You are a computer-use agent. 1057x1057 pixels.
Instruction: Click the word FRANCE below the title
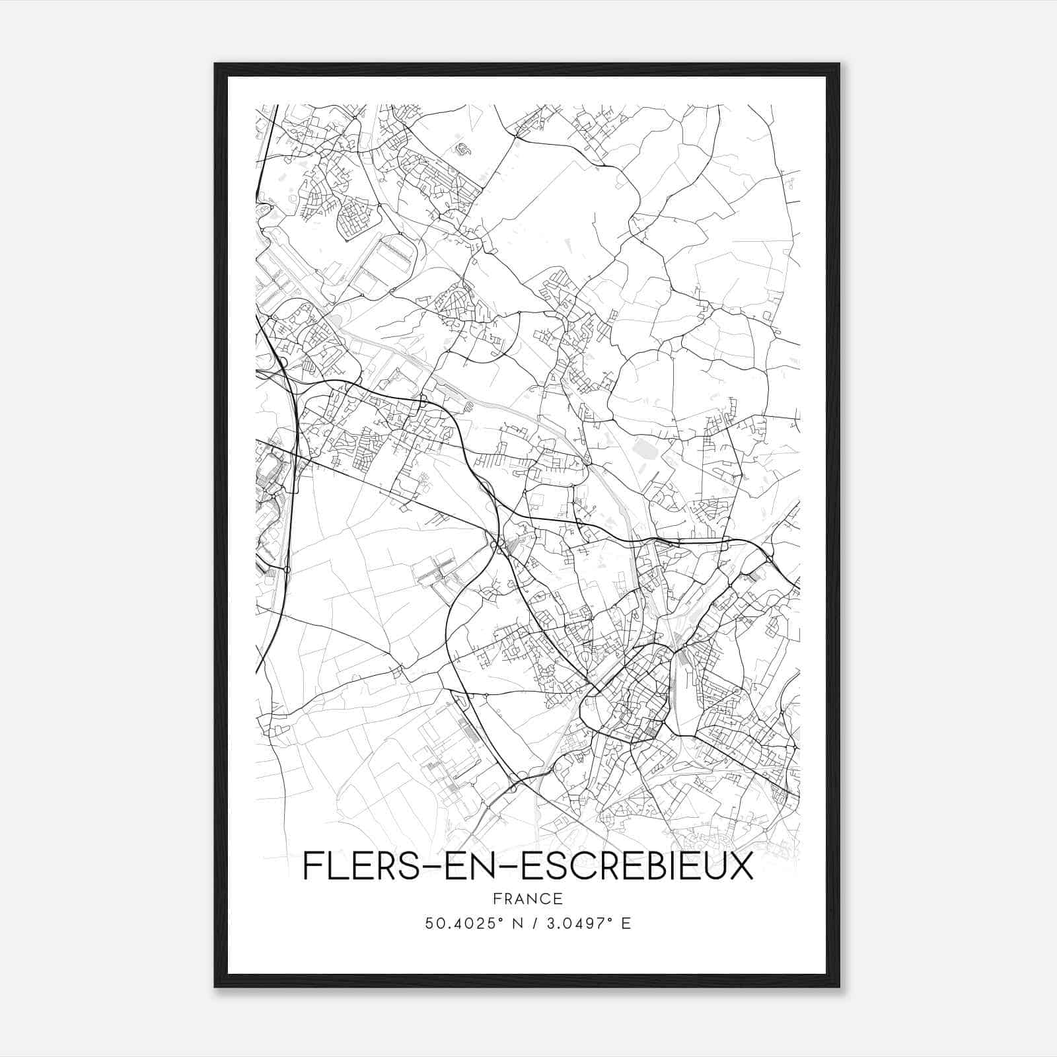pyautogui.click(x=527, y=899)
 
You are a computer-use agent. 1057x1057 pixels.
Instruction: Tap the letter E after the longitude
pyautogui.click(x=626, y=924)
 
